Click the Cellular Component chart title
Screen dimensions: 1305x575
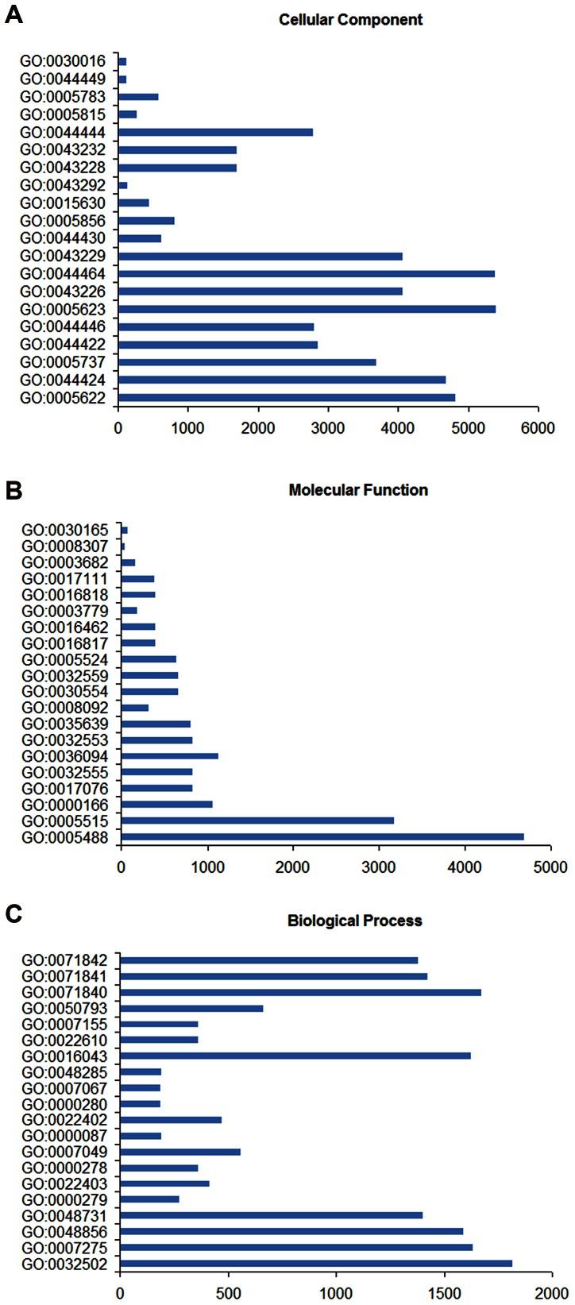[350, 19]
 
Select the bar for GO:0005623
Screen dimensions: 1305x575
[307, 308]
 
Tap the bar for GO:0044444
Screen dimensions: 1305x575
[215, 132]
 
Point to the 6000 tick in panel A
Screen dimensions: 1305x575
[538, 429]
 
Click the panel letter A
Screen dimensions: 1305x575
[14, 15]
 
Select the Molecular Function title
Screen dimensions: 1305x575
[358, 490]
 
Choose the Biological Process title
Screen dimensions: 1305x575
[354, 921]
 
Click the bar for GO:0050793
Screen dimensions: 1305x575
[191, 1008]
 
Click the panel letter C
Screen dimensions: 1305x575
[14, 914]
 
